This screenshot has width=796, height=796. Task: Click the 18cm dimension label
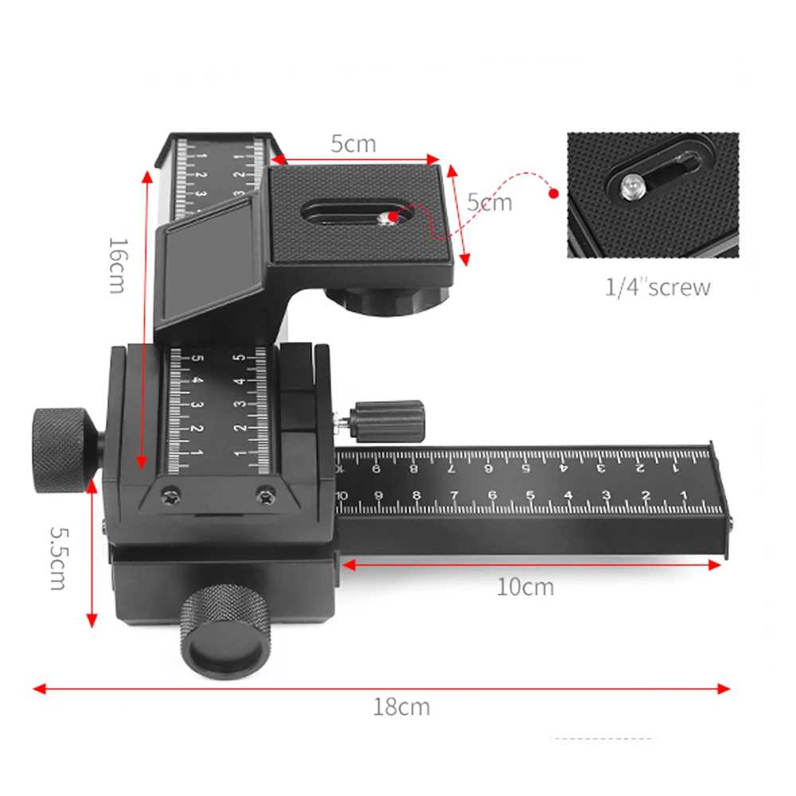click(x=401, y=707)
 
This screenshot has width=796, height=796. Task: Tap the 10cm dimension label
click(x=525, y=587)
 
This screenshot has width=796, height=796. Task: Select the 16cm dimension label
click(x=118, y=266)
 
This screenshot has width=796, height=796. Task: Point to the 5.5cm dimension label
click(x=58, y=559)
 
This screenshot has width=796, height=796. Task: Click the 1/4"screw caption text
click(x=657, y=287)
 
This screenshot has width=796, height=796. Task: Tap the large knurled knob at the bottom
click(x=225, y=631)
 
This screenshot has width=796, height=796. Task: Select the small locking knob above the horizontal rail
click(x=389, y=422)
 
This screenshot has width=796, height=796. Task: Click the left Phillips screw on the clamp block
click(x=171, y=494)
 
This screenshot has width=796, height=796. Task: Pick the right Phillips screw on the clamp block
click(x=266, y=494)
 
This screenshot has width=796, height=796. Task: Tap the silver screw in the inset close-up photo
click(x=633, y=186)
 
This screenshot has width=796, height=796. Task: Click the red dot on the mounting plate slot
click(x=393, y=217)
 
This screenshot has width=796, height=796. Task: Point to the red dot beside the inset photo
click(x=554, y=193)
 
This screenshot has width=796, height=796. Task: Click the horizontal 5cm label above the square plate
click(x=353, y=144)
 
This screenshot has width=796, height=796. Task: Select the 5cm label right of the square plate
click(x=490, y=202)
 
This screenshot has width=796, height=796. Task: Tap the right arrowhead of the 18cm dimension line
click(x=724, y=689)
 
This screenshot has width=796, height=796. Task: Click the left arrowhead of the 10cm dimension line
click(x=349, y=564)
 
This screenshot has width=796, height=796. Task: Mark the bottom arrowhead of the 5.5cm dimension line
click(x=92, y=620)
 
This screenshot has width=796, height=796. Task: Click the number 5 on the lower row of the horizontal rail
click(x=530, y=495)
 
